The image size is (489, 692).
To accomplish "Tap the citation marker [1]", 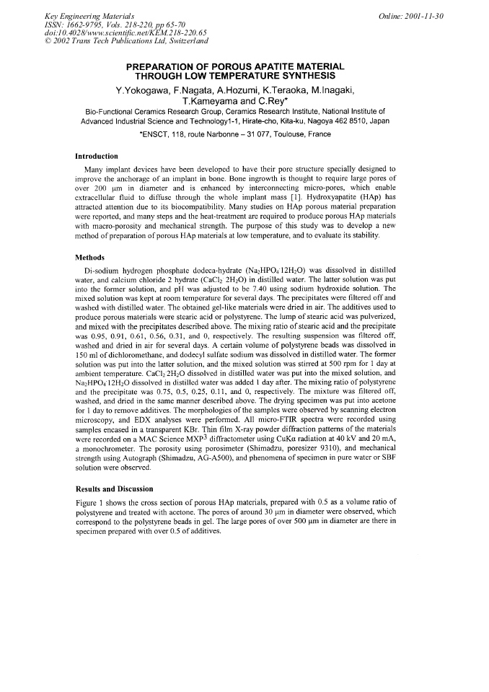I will (263, 195).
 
